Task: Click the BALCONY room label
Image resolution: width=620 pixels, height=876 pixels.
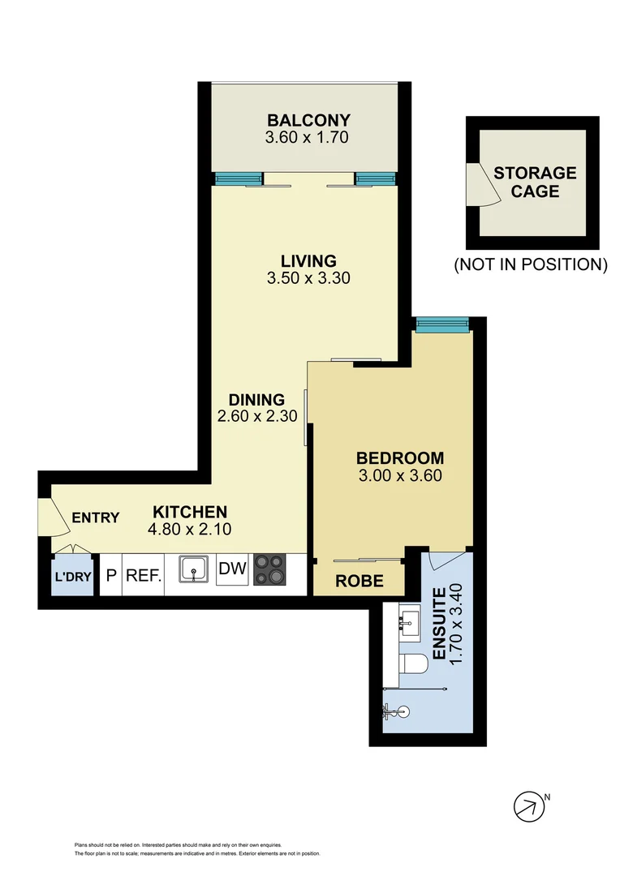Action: (x=306, y=121)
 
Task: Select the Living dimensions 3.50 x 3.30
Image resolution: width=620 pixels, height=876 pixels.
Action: (x=308, y=277)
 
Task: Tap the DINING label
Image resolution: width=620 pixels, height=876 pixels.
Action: (x=256, y=400)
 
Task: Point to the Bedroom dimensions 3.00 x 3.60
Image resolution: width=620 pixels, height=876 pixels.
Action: (x=400, y=476)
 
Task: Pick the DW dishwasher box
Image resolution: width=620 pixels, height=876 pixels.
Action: (x=233, y=569)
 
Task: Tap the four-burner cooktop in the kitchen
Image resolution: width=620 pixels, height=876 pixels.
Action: (x=271, y=569)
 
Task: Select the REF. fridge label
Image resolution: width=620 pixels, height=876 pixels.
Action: (x=144, y=576)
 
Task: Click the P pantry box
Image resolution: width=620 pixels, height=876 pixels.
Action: (x=110, y=576)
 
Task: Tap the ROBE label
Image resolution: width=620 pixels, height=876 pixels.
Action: (x=359, y=581)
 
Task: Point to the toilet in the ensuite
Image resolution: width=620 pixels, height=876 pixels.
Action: (x=415, y=664)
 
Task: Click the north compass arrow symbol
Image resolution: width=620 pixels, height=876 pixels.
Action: (x=528, y=805)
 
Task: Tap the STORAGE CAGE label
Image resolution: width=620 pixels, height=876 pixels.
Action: (x=535, y=182)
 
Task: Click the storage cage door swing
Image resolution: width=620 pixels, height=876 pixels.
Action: (x=474, y=183)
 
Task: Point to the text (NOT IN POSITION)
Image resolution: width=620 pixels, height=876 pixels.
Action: (x=530, y=264)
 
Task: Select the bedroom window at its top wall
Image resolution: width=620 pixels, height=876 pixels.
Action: (x=443, y=325)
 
